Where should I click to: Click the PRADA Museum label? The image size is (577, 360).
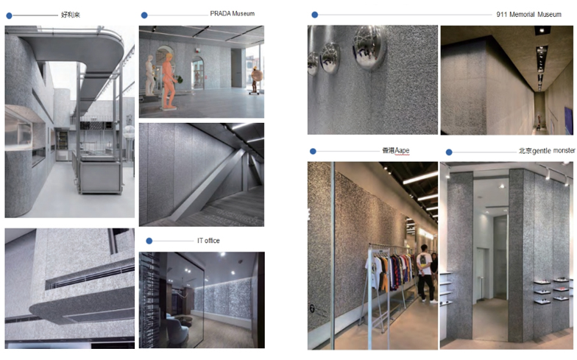tap(233, 13)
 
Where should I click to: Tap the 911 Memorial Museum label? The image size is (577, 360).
tap(528, 15)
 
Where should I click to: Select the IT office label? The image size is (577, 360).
tap(208, 241)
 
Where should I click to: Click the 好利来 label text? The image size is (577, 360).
tap(71, 15)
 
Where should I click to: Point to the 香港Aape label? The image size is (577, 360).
tap(396, 150)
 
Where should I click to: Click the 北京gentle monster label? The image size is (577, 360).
tap(546, 151)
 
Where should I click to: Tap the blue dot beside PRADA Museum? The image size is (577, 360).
tap(144, 15)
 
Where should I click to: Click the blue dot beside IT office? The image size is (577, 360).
tap(149, 241)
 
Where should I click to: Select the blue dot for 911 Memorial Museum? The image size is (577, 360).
tap(315, 15)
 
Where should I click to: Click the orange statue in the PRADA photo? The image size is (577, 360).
tap(169, 81)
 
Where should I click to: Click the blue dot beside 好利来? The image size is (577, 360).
tap(9, 15)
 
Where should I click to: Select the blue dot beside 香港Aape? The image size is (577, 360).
tap(313, 152)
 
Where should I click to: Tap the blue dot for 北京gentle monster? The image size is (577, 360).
tap(449, 152)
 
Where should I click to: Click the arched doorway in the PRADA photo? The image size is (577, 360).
tap(197, 73)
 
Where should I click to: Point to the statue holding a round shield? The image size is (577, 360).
tap(256, 80)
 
